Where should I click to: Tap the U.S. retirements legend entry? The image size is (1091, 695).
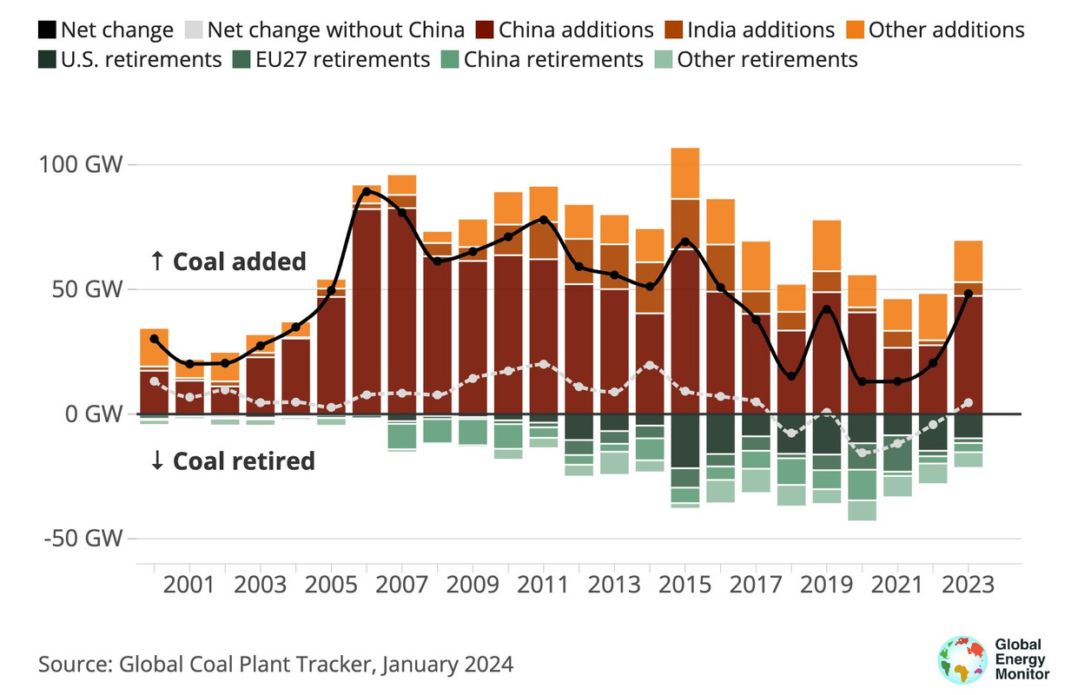(x=129, y=60)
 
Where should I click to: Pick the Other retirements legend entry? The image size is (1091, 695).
(x=756, y=60)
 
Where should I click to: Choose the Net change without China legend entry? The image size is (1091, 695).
(x=325, y=30)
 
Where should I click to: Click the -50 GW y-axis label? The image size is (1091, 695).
(x=80, y=538)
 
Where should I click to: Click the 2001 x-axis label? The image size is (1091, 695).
(x=189, y=585)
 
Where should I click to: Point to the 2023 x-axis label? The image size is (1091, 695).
(x=968, y=585)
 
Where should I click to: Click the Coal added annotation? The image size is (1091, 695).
(x=228, y=261)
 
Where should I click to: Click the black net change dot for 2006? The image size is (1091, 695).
(x=367, y=191)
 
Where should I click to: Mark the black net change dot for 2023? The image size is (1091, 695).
(x=968, y=294)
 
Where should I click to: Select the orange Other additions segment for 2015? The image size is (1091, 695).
(x=686, y=173)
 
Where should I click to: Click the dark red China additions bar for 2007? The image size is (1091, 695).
(x=402, y=313)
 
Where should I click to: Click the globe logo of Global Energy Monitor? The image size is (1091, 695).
(x=962, y=657)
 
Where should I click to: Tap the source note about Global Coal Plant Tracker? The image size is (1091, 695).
(x=276, y=665)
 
